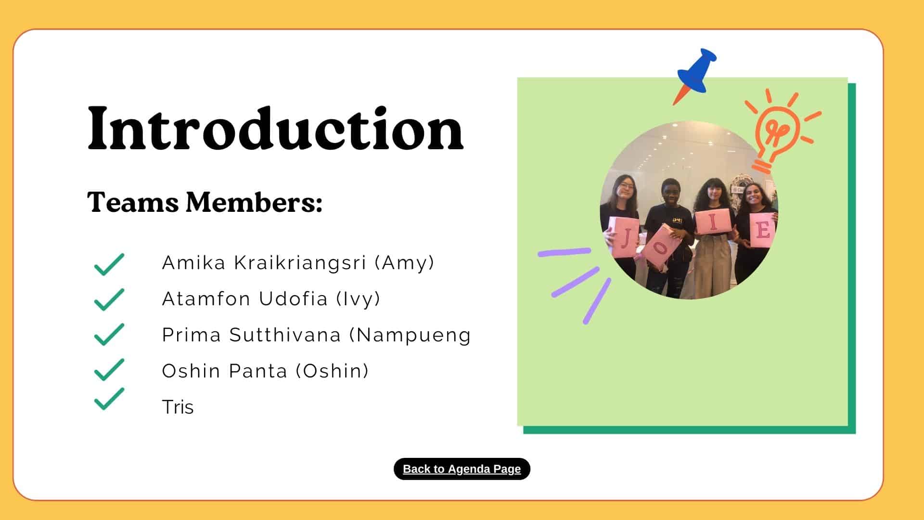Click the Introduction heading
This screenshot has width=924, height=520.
coord(275,129)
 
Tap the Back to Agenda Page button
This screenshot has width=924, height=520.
coord(462,469)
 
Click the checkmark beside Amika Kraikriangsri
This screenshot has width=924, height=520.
coord(109,264)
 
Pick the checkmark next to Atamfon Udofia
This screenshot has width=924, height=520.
coord(109,299)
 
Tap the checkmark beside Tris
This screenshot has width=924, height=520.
coord(109,399)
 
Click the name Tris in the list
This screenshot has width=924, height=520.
coord(178,407)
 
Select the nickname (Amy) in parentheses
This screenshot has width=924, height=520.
coord(405,263)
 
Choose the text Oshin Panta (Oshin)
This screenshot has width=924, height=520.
coord(266,371)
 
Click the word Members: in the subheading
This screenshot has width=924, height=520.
coord(254,202)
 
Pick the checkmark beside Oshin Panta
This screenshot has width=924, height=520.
coord(109,370)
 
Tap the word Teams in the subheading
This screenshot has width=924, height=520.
coord(133,202)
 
